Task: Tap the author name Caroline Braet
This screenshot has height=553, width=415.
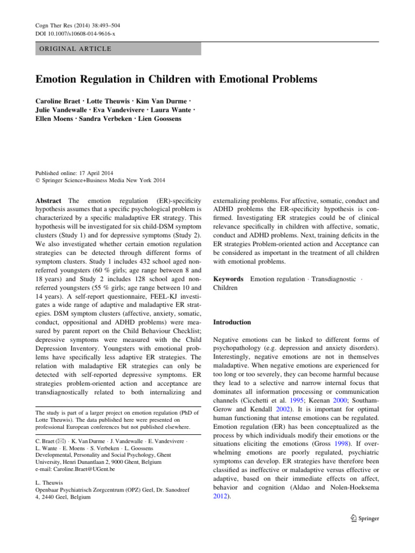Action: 58,102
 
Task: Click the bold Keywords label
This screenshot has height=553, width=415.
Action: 230,279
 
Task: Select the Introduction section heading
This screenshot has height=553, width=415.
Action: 232,322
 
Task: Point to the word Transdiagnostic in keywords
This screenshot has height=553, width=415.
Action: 334,279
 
